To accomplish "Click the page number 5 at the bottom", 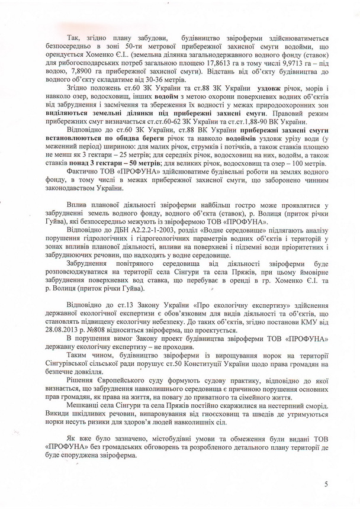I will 326,484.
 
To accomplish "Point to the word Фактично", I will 83,169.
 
